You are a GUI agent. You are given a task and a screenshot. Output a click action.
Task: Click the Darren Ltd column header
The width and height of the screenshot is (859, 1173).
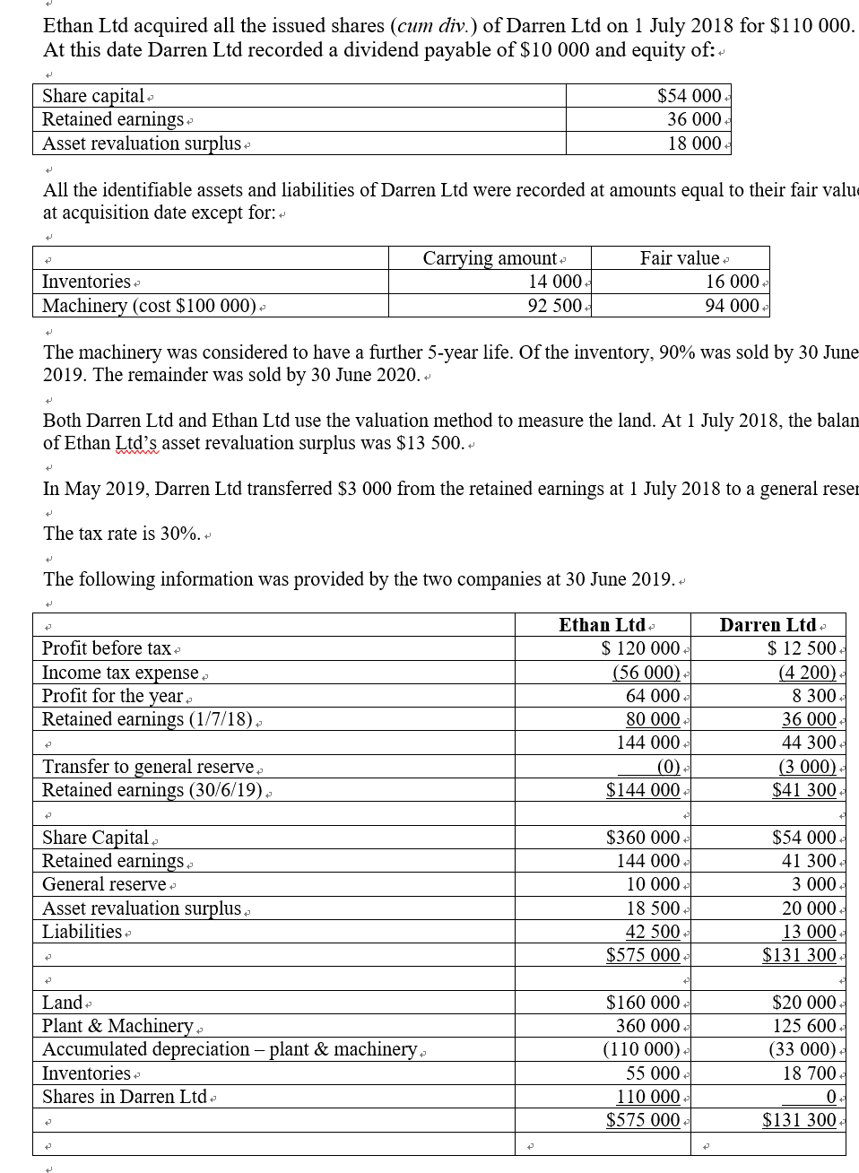point(768,625)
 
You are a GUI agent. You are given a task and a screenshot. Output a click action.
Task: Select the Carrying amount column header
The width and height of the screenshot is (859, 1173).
point(489,258)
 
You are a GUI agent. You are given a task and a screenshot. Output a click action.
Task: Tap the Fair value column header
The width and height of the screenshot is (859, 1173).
point(680,258)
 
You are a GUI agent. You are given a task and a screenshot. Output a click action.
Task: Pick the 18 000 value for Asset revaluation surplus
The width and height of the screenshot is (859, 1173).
point(694,143)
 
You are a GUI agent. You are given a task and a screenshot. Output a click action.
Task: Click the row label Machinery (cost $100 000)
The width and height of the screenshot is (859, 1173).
point(150,305)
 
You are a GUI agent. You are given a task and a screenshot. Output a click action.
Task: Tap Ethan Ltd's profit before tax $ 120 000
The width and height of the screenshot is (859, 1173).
point(640,648)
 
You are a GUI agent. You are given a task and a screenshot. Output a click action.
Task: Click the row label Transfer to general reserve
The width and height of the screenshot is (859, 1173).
point(148,767)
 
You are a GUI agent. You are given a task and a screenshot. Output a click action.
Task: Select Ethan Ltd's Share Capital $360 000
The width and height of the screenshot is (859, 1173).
point(643,838)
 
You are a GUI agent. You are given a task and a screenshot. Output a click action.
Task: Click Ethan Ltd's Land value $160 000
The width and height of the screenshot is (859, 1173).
point(643,1003)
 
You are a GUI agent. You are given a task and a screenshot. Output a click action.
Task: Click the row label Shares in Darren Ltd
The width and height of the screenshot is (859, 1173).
point(125,1097)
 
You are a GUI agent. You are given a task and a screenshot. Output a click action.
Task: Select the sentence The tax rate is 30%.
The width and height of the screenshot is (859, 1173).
point(121,534)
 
